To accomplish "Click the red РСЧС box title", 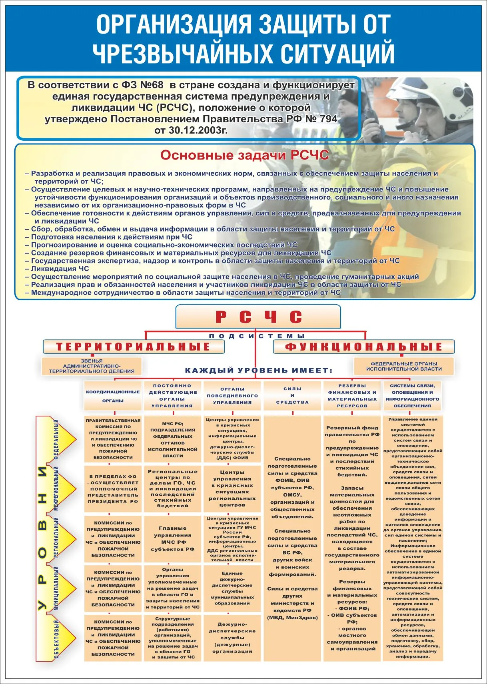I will pyautogui.click(x=258, y=317).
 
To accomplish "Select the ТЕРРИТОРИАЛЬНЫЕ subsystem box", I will pyautogui.click(x=133, y=347).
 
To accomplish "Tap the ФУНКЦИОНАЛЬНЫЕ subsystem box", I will pyautogui.click(x=364, y=347).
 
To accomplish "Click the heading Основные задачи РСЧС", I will pyautogui.click(x=245, y=155).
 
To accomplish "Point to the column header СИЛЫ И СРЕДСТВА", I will pyautogui.click(x=292, y=395).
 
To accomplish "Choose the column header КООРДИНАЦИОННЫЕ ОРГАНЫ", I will pyautogui.click(x=113, y=396).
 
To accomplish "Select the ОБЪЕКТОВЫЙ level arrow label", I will pyautogui.click(x=56, y=638).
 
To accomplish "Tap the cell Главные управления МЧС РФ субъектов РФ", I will pyautogui.click(x=173, y=538).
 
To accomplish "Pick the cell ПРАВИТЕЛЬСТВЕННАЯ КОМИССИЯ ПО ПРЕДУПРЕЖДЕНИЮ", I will pyautogui.click(x=113, y=439).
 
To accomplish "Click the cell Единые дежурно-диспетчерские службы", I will pyautogui.click(x=232, y=588).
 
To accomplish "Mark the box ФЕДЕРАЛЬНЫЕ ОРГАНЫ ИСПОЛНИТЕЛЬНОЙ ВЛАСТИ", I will pyautogui.click(x=404, y=366).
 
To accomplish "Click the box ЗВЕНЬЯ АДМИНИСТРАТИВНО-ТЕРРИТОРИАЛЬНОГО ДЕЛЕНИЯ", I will pyautogui.click(x=92, y=366).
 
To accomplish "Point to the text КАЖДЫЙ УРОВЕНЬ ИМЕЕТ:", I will pyautogui.click(x=259, y=371).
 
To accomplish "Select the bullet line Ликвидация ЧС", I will pyautogui.click(x=60, y=269).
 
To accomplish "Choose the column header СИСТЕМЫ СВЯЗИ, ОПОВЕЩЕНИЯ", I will pyautogui.click(x=412, y=395).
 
